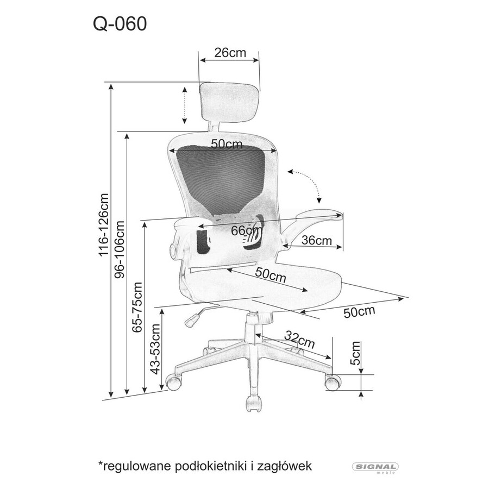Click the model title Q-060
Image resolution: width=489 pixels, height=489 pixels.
point(120,24)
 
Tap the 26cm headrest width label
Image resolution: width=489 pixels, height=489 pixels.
point(230,52)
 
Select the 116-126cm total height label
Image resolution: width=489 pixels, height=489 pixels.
point(104,225)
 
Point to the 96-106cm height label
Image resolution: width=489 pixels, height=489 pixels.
point(120,249)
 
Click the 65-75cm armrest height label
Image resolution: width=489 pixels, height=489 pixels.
point(137,307)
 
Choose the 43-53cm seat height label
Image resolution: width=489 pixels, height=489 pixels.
point(155,349)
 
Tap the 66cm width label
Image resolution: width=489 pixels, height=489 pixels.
point(247,231)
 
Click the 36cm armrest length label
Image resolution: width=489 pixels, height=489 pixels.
point(317,241)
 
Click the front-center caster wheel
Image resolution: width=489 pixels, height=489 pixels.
point(254,404)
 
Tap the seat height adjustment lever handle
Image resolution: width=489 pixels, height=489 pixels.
point(192,321)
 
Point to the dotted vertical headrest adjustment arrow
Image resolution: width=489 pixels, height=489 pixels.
point(185,105)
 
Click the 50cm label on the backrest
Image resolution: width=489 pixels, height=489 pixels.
point(227,144)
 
